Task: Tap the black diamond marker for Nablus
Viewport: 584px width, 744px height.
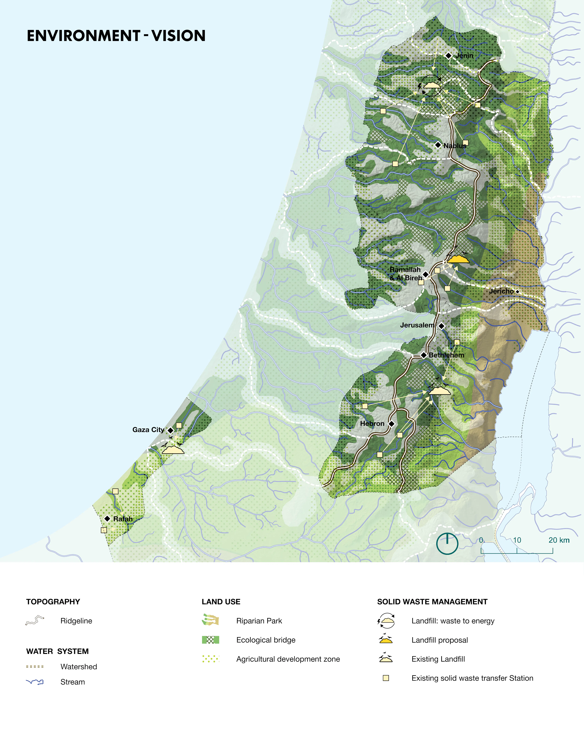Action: [x=438, y=145]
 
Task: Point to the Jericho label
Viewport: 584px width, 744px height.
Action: [x=501, y=291]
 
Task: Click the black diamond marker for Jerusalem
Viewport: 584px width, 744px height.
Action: [x=441, y=326]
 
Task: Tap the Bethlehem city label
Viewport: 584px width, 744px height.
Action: [x=447, y=355]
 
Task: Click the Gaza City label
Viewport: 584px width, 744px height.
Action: [x=148, y=430]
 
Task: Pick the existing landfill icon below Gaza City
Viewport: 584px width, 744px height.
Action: [x=173, y=449]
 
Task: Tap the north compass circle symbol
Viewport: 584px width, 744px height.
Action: [x=447, y=543]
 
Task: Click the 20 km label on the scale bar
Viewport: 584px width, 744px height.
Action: [x=559, y=540]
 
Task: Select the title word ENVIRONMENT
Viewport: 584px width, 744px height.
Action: [x=83, y=36]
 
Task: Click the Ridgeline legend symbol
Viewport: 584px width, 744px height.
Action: [x=35, y=620]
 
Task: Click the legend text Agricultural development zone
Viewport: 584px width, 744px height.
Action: [x=288, y=659]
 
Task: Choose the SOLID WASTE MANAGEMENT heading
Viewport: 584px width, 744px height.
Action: [x=432, y=602]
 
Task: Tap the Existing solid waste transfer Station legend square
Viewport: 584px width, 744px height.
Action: [x=386, y=678]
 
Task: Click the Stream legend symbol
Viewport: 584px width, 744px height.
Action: [x=35, y=682]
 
